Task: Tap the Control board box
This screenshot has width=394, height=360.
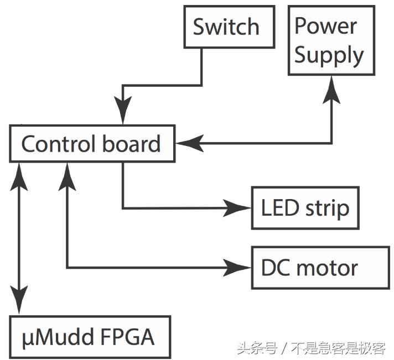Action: point(92,144)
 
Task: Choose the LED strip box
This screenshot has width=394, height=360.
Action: point(305,208)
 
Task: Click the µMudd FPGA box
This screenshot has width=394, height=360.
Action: point(89,337)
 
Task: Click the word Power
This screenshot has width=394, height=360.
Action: point(325,25)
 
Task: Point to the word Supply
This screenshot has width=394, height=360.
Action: point(329,56)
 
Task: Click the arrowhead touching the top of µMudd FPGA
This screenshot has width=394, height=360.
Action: point(20,302)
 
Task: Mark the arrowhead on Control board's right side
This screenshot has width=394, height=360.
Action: point(186,144)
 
